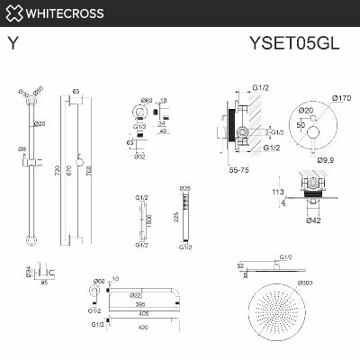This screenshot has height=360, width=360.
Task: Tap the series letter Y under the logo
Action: [13, 41]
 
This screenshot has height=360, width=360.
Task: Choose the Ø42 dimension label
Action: [314, 220]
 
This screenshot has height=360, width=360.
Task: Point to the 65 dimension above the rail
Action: [76, 92]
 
